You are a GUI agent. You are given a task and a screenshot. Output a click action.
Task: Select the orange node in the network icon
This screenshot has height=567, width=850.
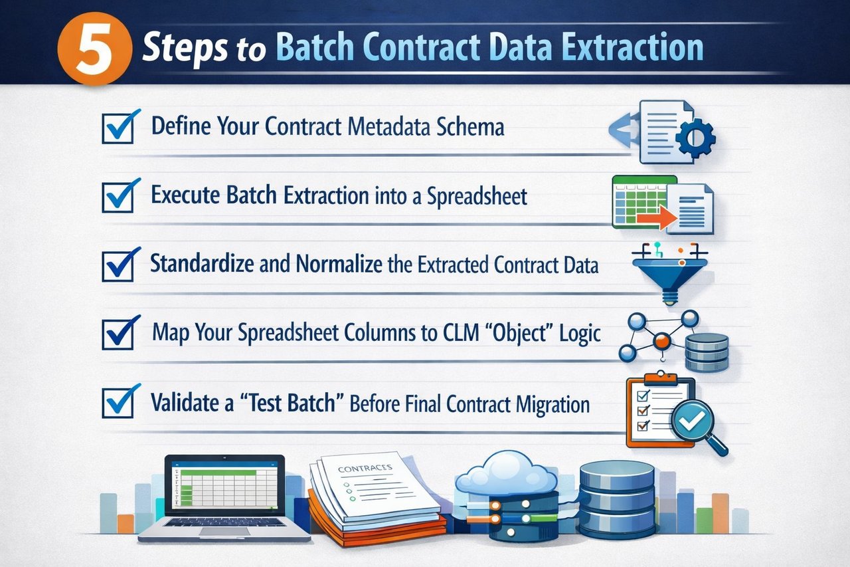661,342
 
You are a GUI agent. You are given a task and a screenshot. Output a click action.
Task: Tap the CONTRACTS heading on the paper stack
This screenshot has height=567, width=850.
365,469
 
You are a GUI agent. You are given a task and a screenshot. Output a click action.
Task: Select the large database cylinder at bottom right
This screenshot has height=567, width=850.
617,499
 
